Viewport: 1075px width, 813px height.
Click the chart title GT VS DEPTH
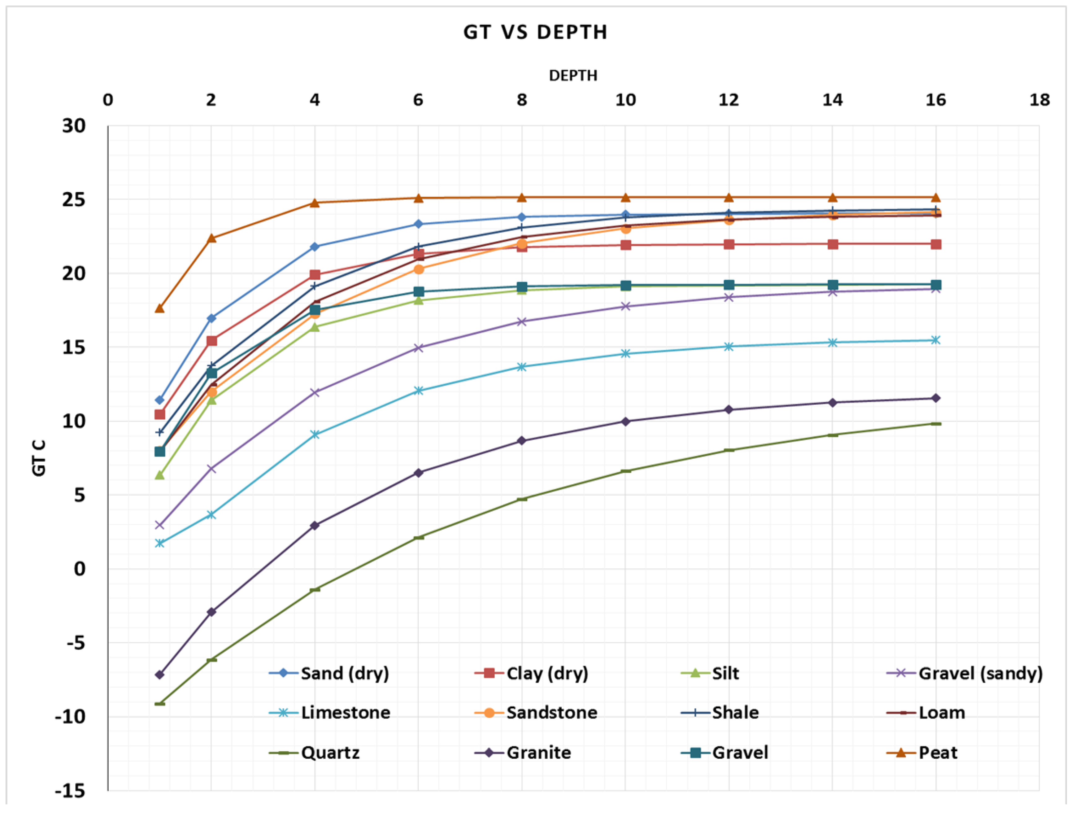535,32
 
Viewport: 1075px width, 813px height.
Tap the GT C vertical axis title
39,458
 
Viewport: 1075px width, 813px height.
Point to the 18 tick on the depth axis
1039,100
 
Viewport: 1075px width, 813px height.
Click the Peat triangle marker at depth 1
159,308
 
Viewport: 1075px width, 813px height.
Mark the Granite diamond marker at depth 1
159,675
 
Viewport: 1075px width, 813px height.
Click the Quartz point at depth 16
936,424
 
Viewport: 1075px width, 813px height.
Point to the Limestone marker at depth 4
315,434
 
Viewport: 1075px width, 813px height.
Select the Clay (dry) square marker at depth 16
936,244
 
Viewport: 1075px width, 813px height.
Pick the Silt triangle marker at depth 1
159,475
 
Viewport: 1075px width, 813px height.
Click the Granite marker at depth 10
625,421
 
